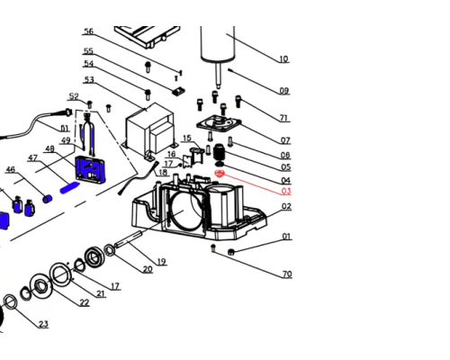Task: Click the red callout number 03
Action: tap(286, 191)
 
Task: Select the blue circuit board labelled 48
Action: tap(90, 169)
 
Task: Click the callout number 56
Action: tap(89, 31)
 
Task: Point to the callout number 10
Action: tap(283, 58)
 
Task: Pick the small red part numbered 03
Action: tap(220, 174)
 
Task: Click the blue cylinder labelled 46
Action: tap(48, 199)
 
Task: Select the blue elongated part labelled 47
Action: tap(70, 188)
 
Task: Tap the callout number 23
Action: tap(43, 324)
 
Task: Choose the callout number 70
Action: tap(287, 274)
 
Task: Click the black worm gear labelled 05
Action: tap(220, 152)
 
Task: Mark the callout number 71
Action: tap(283, 118)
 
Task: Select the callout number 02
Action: tap(286, 206)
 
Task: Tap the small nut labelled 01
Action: tap(231, 251)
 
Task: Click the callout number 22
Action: tap(85, 302)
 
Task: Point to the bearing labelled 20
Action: tap(109, 250)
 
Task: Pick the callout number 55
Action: tap(88, 51)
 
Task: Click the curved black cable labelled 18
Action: tap(138, 178)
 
